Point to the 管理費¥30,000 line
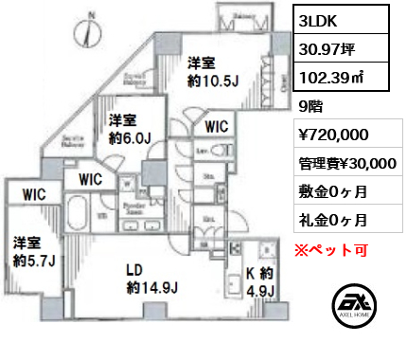346,163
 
